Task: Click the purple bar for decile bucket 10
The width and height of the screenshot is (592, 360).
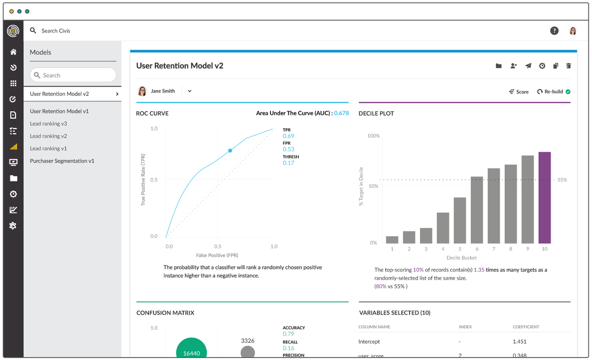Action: [544, 198]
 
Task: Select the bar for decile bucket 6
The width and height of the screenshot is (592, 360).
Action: [476, 210]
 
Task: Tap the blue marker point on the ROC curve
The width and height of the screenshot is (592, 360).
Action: [230, 151]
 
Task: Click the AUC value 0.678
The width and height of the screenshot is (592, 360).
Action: [341, 113]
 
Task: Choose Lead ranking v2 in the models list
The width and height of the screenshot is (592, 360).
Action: [49, 136]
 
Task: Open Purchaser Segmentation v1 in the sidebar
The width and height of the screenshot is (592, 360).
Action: [62, 161]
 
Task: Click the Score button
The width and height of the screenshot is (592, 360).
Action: [519, 92]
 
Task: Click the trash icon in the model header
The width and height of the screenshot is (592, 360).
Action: [568, 66]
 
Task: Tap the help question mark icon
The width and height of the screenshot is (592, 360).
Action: [554, 31]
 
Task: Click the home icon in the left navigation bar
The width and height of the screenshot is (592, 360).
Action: [13, 52]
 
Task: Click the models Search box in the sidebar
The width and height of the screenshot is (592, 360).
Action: [73, 75]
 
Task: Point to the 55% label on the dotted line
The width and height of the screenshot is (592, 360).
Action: [562, 180]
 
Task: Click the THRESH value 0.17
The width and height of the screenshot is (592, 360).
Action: [289, 163]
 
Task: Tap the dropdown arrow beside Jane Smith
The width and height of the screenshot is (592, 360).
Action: [190, 91]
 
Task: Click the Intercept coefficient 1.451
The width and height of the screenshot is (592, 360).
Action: [520, 341]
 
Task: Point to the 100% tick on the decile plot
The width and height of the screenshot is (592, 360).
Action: [373, 136]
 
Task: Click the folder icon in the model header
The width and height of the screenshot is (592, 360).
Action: [499, 66]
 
